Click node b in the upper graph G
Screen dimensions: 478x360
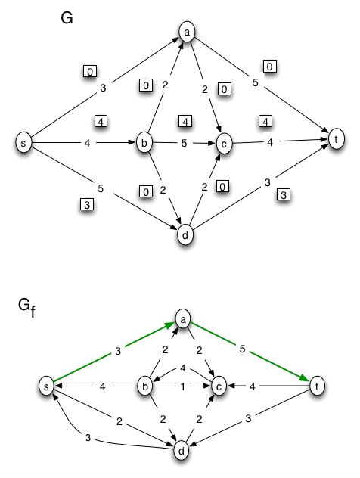[145, 142]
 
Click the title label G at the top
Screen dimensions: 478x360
[67, 18]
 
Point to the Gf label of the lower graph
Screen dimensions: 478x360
[28, 306]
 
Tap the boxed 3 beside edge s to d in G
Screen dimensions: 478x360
[87, 204]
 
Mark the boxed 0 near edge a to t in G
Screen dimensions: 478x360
[271, 67]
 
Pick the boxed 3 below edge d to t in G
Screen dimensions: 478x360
[283, 195]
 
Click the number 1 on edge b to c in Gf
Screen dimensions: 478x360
[183, 385]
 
